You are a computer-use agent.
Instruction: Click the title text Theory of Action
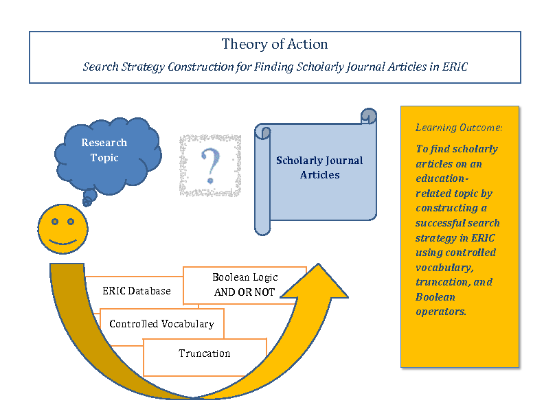point(275,45)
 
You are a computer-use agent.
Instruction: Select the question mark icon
point(209,165)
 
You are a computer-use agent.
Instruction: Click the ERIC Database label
point(136,291)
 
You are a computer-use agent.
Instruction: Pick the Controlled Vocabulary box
point(161,324)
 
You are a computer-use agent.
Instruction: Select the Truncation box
point(204,353)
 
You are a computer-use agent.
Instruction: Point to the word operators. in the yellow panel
point(441,312)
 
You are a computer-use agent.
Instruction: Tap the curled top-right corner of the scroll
point(369,116)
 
